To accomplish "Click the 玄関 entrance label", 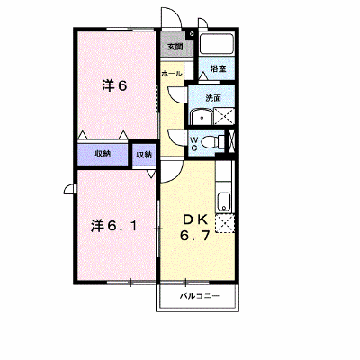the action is [175, 47].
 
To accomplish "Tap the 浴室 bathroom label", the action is [218, 68].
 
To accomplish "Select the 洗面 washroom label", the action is [213, 98].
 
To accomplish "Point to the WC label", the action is [194, 143].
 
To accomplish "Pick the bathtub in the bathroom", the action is [217, 44].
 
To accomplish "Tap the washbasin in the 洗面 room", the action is [202, 117].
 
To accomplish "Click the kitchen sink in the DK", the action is [223, 202].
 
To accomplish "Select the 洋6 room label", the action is [115, 85].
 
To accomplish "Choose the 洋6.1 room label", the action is [114, 226].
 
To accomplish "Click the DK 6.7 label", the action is [194, 229].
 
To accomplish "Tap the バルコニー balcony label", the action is [200, 297].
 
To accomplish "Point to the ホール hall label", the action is [172, 74].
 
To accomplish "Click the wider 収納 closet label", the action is [103, 154].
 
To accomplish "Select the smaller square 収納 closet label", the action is [144, 155].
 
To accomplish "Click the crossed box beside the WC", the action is [231, 140].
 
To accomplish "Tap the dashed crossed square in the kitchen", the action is [225, 223].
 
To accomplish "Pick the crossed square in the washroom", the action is [224, 116].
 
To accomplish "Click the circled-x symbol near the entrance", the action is [192, 33].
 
